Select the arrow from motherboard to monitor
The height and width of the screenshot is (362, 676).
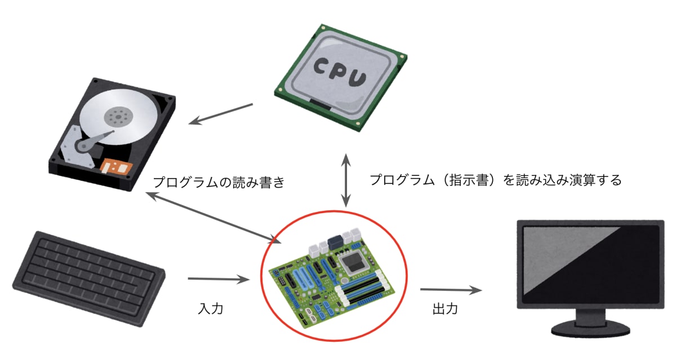[451, 290]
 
